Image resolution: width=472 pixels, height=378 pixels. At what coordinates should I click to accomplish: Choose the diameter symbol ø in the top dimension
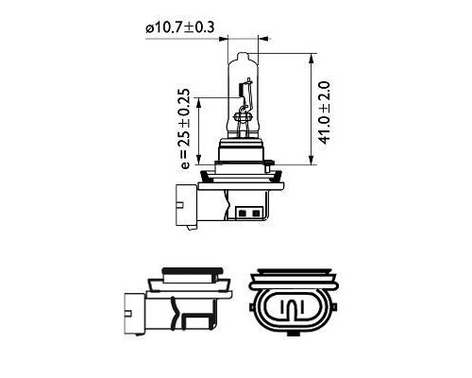(150, 29)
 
